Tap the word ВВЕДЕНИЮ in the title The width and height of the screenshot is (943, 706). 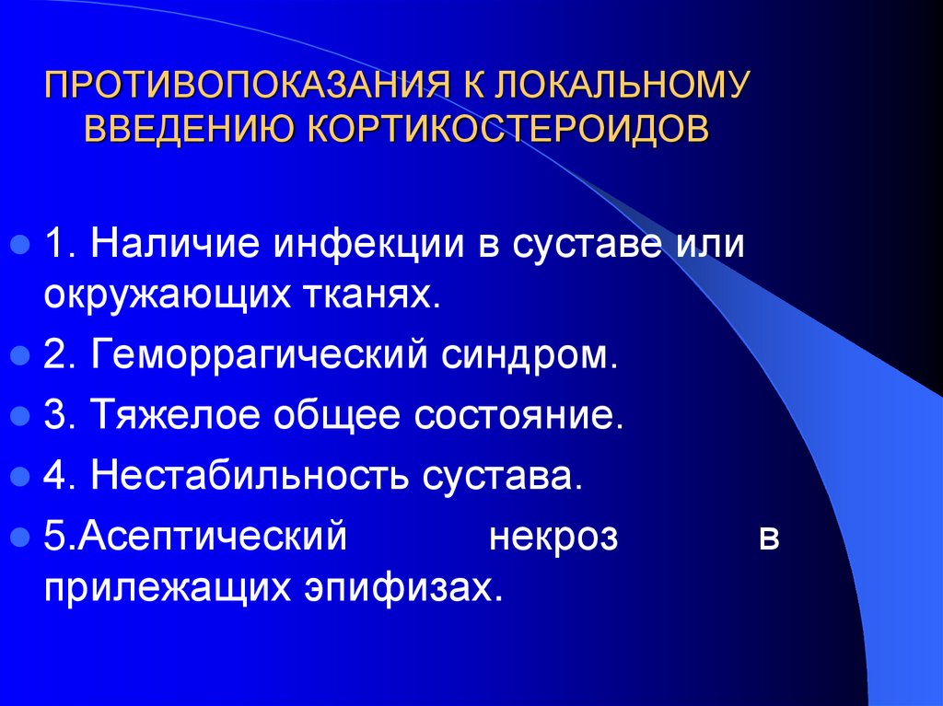pyautogui.click(x=190, y=128)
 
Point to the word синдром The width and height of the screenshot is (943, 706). pyautogui.click(x=521, y=354)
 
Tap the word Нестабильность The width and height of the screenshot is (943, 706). pyautogui.click(x=251, y=477)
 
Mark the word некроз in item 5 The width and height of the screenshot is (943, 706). pyautogui.click(x=553, y=537)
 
